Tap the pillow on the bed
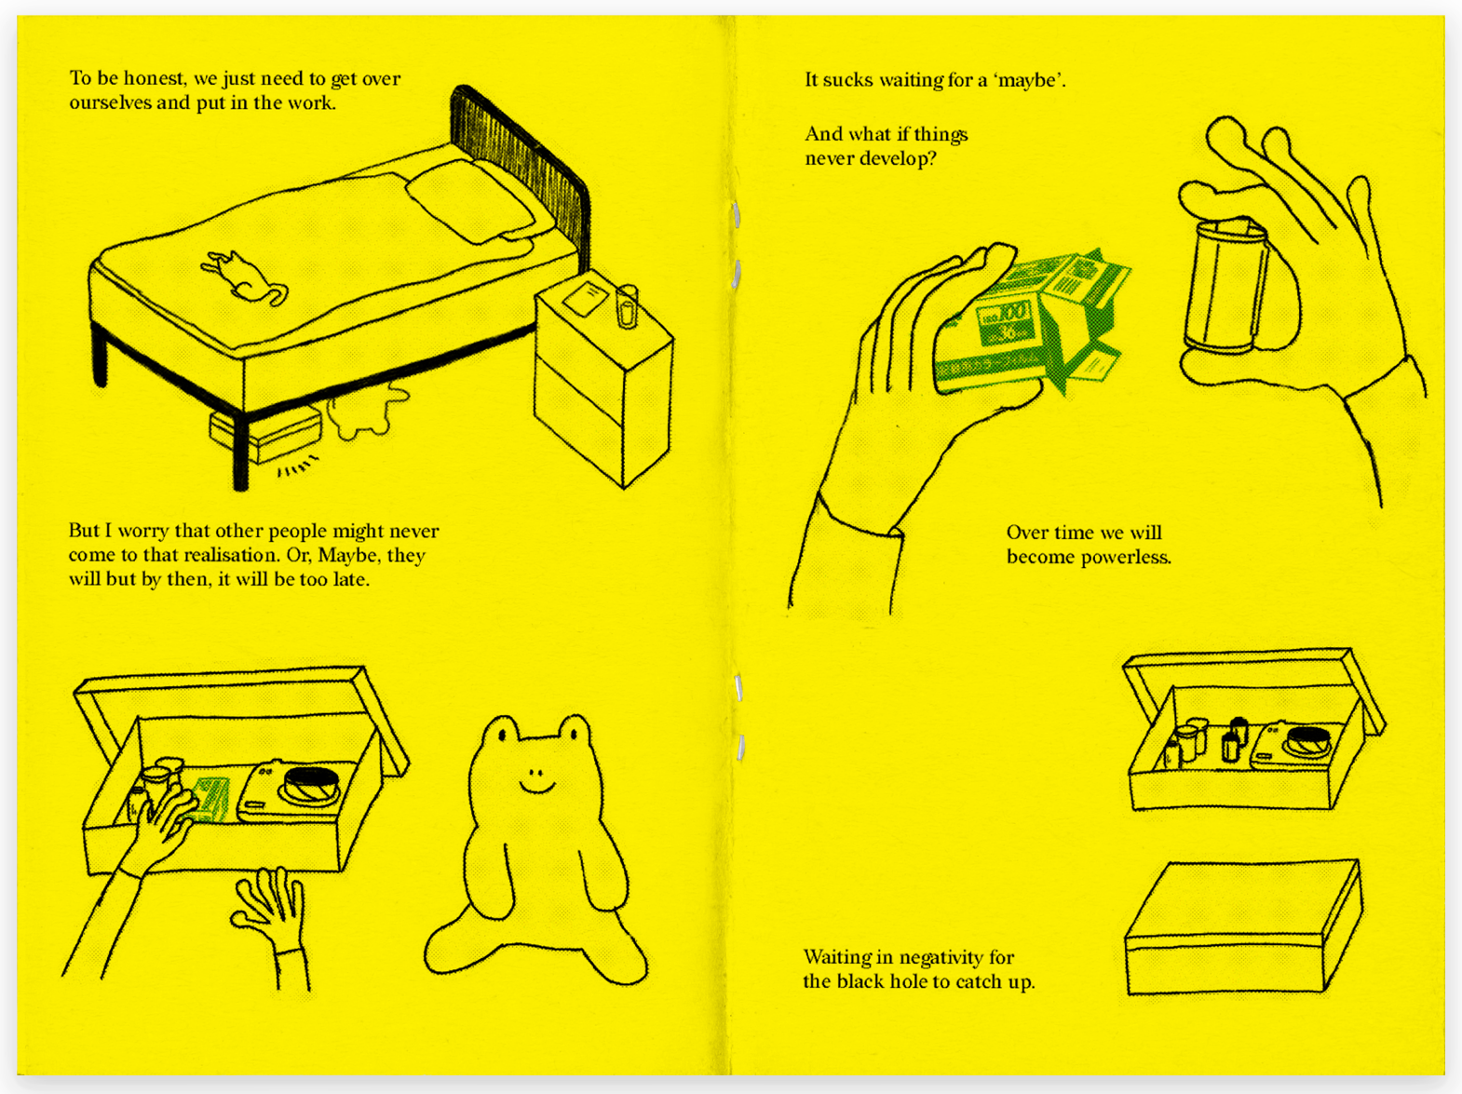click(471, 202)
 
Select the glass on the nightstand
click(627, 306)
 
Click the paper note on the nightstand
click(586, 297)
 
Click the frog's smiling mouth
click(537, 788)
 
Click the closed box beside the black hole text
click(1243, 926)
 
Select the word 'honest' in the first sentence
click(154, 78)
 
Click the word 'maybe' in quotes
click(1026, 81)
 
